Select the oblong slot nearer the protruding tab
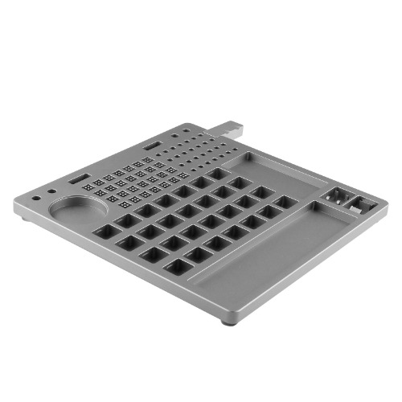click(153, 146)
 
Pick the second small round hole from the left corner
click(51, 191)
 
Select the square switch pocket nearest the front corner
click(178, 265)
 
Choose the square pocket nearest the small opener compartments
click(285, 202)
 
